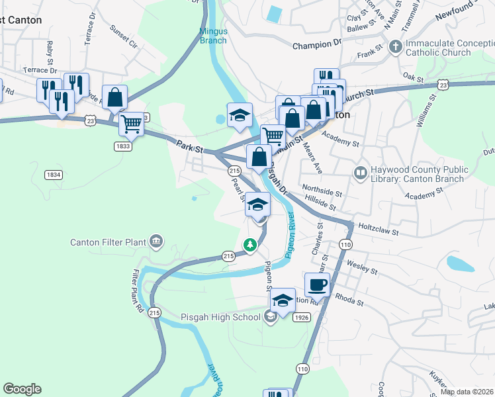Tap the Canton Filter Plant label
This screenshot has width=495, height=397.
[108, 242]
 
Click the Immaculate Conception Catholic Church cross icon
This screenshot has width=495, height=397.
[396, 46]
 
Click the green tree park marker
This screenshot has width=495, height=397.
[250, 245]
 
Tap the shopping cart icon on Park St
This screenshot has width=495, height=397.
[131, 123]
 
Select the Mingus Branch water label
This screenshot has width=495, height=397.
[213, 36]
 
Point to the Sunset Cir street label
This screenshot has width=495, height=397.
[124, 38]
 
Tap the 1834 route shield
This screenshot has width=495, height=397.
[54, 175]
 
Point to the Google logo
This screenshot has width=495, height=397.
[22, 389]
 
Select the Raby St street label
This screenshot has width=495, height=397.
[50, 50]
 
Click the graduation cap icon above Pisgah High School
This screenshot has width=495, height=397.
[283, 300]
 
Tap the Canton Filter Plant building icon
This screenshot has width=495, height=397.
[157, 240]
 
